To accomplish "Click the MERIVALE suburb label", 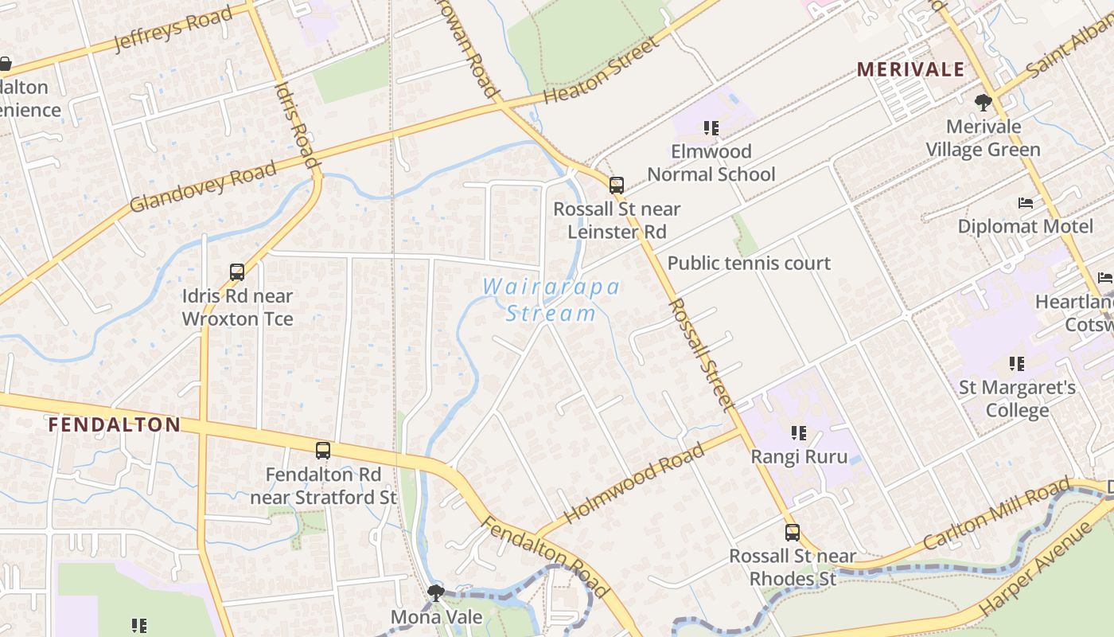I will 910,69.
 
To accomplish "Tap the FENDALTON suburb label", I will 114,424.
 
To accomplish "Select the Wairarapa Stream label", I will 551,299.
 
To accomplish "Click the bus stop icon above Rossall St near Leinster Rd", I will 617,186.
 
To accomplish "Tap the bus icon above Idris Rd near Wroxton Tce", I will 237,272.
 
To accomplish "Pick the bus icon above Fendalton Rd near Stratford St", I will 322,451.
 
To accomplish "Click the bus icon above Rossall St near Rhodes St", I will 793,533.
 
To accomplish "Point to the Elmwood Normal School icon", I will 711,127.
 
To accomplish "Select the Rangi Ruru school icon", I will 799,433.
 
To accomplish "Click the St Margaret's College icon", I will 1017,364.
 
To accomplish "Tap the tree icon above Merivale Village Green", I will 984,102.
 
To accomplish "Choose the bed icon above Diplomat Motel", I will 1026,203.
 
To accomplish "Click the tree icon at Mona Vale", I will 435,592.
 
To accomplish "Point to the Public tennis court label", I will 749,263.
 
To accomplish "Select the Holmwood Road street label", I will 634,484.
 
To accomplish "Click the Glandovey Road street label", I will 203,186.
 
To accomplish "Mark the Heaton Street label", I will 602,70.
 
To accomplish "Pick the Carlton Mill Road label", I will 997,514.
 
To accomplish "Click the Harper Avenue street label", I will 1036,566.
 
